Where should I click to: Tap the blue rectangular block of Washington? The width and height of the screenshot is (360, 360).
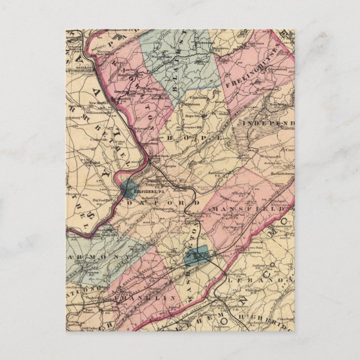(196, 255)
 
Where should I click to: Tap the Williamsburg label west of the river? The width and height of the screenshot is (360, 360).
(100, 104)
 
